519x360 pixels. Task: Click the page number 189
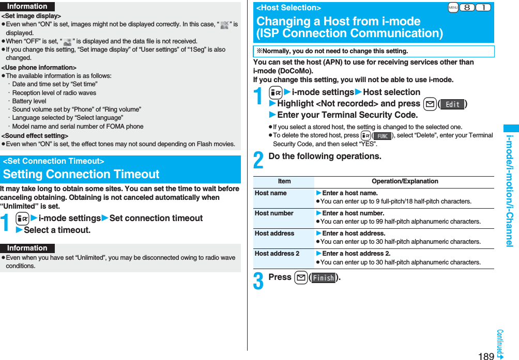[486, 355]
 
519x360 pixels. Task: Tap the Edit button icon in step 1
[452, 104]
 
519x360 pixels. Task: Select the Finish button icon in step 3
[323, 278]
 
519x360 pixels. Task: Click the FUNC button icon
[382, 136]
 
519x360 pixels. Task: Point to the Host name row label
[270, 193]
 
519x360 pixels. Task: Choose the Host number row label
[273, 213]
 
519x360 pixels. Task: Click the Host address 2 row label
[277, 254]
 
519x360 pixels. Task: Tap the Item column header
[284, 181]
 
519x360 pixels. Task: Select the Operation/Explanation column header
[405, 181]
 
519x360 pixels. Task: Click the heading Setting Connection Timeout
[81, 174]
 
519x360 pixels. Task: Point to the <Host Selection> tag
[288, 8]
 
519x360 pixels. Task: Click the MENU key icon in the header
[453, 7]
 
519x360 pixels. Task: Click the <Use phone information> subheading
[39, 68]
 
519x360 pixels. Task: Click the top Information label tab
[27, 6]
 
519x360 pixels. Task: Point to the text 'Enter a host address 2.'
[356, 254]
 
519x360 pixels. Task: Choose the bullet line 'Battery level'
[29, 101]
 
